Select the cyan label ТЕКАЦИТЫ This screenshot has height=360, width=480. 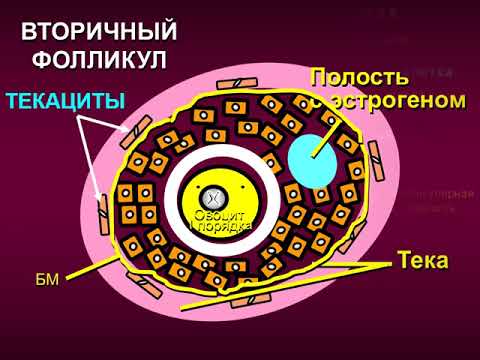tap(65, 100)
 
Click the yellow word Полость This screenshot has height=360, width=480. tap(359, 78)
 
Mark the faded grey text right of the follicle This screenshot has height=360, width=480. tap(438, 199)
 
